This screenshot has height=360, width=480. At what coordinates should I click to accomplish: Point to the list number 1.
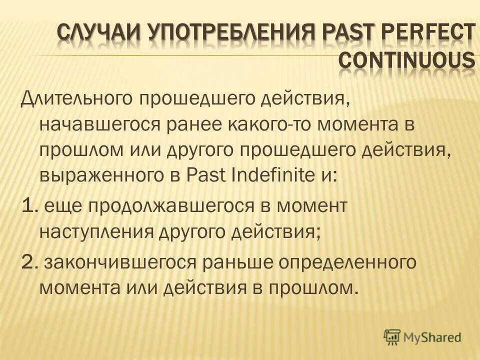[28, 205]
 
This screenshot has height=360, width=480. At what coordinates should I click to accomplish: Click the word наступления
[95, 232]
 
